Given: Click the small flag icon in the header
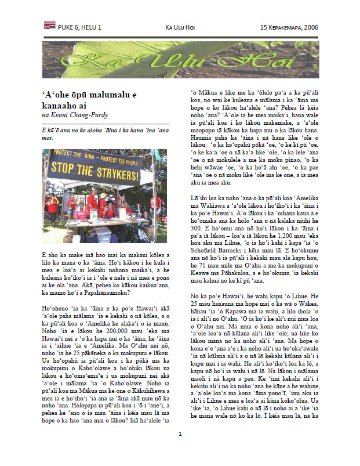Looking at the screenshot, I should pos(49,27).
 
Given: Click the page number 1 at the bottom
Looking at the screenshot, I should pos(180,450).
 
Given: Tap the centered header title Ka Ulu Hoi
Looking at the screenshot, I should pos(179,27).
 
